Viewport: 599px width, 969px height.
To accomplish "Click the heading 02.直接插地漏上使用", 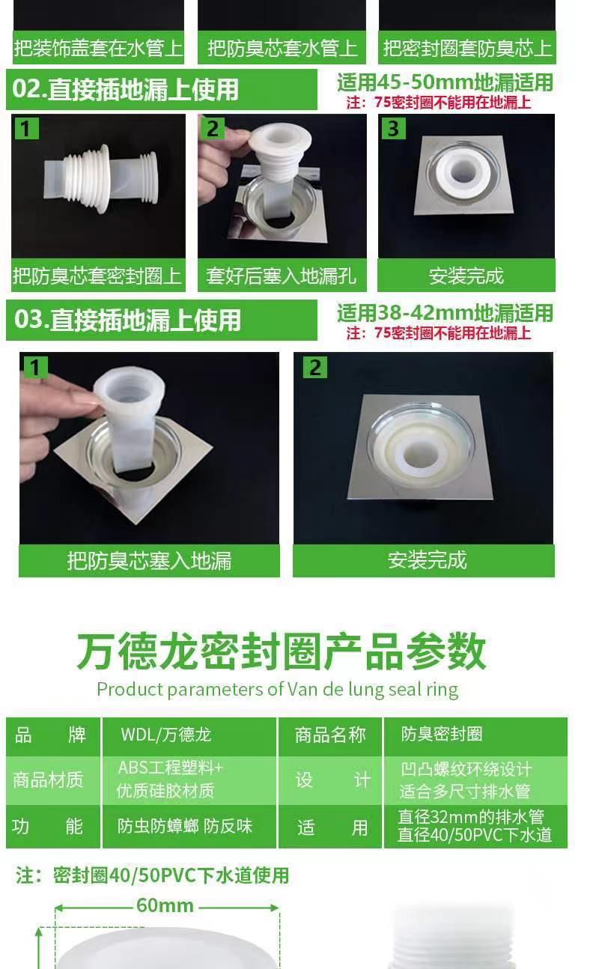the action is pyautogui.click(x=126, y=90).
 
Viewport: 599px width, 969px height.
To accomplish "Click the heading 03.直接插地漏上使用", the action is pyautogui.click(x=127, y=320).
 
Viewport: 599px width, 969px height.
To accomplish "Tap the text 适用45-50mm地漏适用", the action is pyautogui.click(x=445, y=82).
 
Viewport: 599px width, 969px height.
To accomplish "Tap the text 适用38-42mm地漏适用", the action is pyautogui.click(x=445, y=313).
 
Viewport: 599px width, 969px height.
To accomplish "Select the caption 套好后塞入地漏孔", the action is pyautogui.click(x=281, y=276).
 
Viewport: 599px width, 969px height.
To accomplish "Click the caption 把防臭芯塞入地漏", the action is pyautogui.click(x=149, y=561).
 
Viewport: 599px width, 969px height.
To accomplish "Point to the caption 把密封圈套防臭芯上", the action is pyautogui.click(x=467, y=48).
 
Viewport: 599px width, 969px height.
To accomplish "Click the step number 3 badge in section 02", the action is pyautogui.click(x=393, y=128).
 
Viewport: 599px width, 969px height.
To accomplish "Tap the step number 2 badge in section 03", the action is pyautogui.click(x=315, y=368).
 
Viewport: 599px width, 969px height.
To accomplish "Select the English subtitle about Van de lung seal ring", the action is pyautogui.click(x=278, y=690).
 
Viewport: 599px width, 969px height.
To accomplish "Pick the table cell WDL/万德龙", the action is pyautogui.click(x=166, y=735).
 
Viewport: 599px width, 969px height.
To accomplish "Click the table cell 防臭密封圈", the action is pyautogui.click(x=442, y=734).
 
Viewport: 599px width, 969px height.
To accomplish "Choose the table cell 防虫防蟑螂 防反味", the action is pyautogui.click(x=185, y=826).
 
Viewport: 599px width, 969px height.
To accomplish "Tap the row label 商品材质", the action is pyautogui.click(x=48, y=780).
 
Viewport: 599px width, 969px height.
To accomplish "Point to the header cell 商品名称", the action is pyautogui.click(x=330, y=735).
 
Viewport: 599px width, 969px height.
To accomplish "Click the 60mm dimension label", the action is pyautogui.click(x=165, y=905).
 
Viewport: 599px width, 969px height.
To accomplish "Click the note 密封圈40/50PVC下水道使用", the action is pyautogui.click(x=152, y=875).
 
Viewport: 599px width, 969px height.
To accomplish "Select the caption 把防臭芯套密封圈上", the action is pyautogui.click(x=97, y=276).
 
